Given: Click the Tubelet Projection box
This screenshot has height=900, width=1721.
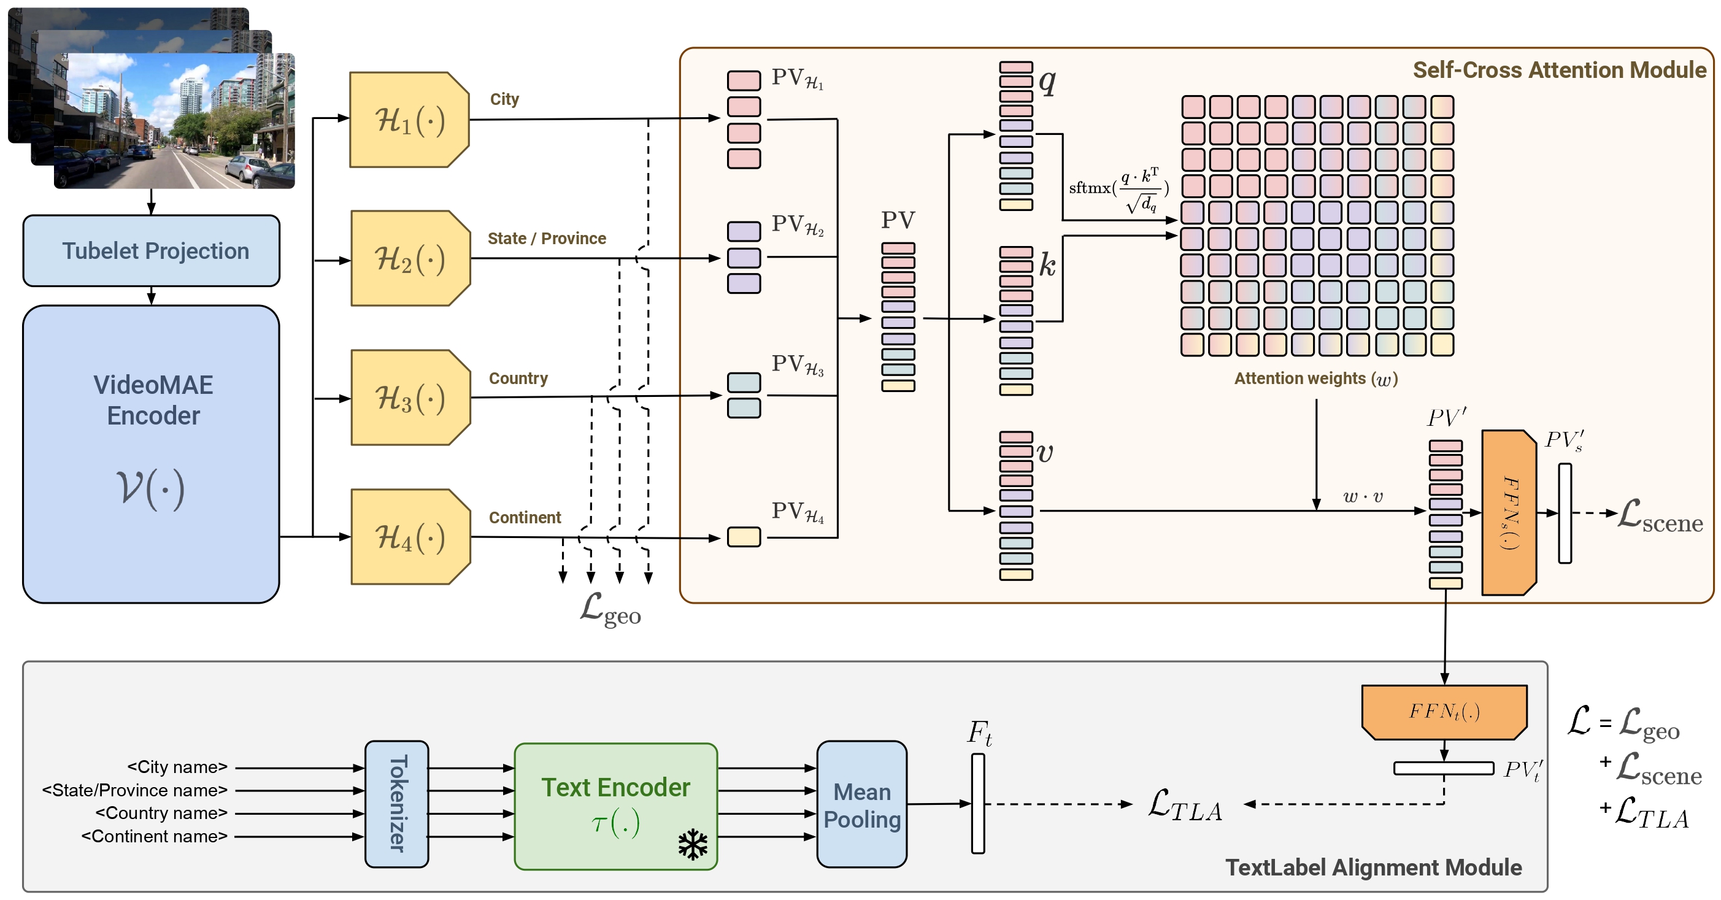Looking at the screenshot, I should tap(151, 250).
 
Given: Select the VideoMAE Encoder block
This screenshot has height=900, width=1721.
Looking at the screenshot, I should tap(151, 455).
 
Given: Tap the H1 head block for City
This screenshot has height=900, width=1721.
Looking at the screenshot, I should tap(409, 120).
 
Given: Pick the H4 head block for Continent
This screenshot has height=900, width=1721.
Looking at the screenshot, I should tap(409, 537).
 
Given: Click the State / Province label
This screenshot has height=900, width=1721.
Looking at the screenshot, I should tap(547, 239).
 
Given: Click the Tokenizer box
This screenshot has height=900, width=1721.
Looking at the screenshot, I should tap(397, 804).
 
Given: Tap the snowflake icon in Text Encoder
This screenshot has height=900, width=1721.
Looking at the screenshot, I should tap(692, 845).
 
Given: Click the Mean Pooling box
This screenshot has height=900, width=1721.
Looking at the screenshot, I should tap(861, 804).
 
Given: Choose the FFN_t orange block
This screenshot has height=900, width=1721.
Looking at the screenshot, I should tap(1444, 712).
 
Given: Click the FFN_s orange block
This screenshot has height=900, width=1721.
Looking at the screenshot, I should tap(1509, 512).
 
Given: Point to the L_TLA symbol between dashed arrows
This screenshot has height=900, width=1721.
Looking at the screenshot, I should tap(1185, 805).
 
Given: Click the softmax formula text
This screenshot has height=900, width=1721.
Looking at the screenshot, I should tap(1118, 190).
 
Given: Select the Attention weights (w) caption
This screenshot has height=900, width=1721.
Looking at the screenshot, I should tap(1315, 379).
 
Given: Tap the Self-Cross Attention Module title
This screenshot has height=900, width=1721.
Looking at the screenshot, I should tap(1558, 70).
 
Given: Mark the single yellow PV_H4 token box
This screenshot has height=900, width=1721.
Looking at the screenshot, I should tap(744, 537).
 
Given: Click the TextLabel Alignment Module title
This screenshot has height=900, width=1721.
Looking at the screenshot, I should tap(1373, 867).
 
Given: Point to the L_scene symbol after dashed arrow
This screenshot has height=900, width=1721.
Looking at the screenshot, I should tap(1660, 517).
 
